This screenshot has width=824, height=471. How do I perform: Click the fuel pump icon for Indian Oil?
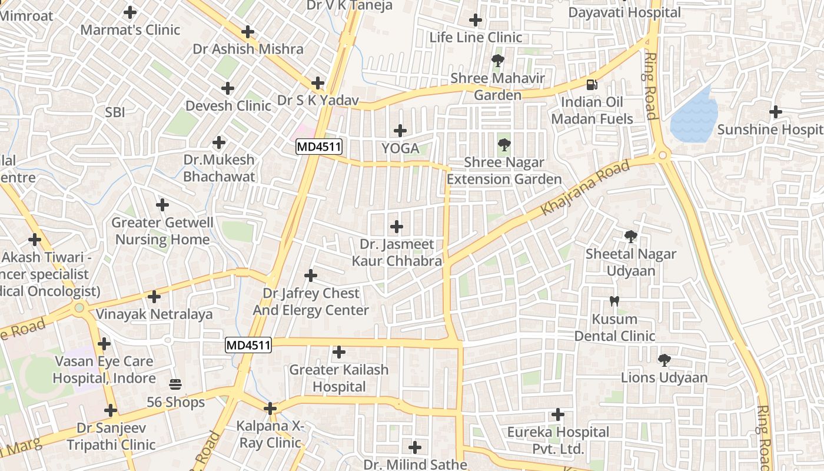pos(592,84)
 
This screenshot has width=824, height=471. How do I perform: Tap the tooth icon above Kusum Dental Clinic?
pos(614,301)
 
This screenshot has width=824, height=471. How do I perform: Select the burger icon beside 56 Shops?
pos(175,384)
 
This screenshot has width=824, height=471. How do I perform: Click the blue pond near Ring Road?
pos(695,117)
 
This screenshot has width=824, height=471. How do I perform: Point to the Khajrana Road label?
pos(585,187)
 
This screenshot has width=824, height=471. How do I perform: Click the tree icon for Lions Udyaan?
pos(664,359)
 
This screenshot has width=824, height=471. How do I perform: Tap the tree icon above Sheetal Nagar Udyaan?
pos(630,237)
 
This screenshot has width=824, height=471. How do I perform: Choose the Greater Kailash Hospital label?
pos(339,378)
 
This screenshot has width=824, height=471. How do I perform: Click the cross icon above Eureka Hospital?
pos(557,414)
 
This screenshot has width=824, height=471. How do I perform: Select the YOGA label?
pos(401,148)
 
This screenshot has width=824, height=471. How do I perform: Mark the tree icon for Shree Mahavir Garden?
pos(497,60)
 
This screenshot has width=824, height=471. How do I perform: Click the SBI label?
pos(115,112)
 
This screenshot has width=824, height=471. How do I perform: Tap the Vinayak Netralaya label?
pos(154,314)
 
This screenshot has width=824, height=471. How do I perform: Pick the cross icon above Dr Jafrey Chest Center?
pos(310,275)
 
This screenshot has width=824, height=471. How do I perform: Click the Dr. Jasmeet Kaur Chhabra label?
pos(397,252)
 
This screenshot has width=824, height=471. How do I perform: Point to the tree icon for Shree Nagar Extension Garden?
pos(504,144)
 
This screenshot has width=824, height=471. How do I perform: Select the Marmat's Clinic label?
pos(130,29)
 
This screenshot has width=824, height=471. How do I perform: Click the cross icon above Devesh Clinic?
pos(228,88)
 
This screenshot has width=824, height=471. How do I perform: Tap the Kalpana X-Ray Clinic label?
pos(270,434)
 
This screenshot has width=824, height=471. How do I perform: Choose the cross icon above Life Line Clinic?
pos(476,20)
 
